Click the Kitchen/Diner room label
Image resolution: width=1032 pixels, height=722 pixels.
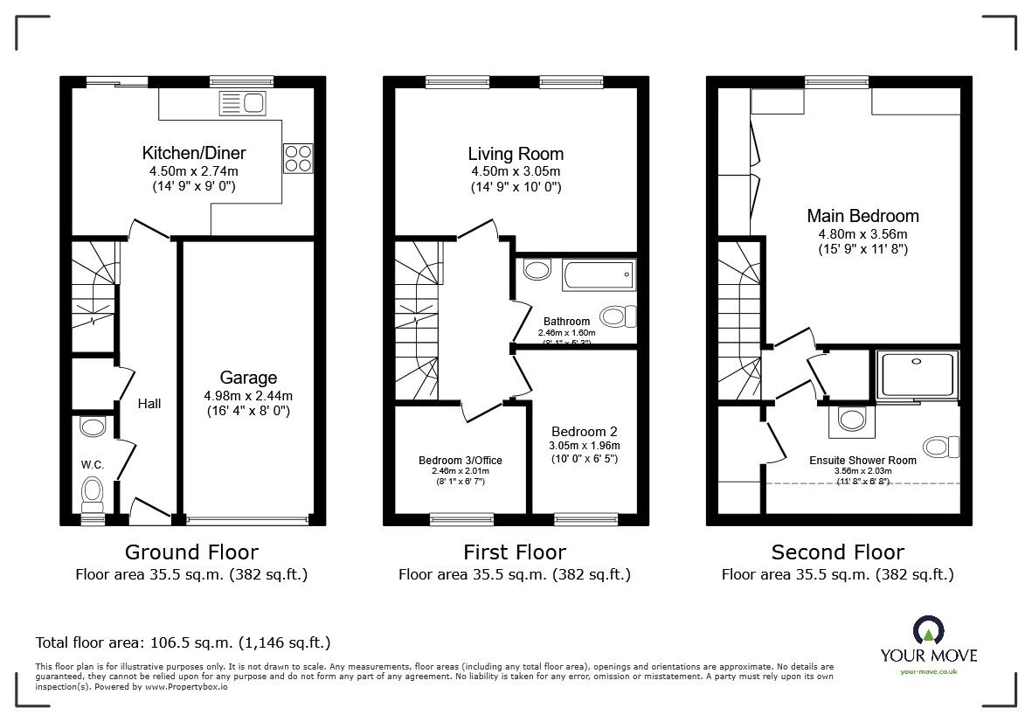point(196,153)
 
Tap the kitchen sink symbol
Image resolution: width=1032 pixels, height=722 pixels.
point(242,104)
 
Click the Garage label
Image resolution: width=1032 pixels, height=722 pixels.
point(248,378)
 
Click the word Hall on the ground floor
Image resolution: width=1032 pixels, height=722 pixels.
point(149,404)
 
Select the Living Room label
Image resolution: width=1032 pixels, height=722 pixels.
point(516,155)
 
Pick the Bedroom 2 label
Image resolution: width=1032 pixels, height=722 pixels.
point(584,431)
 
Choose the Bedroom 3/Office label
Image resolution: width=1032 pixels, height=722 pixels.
point(460,460)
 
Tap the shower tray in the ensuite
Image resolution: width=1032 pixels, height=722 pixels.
point(917,376)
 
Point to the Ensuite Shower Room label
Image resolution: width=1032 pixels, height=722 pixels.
point(862,461)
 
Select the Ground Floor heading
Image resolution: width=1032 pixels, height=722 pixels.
point(191,552)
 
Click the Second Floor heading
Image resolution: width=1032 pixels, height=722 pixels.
point(837,552)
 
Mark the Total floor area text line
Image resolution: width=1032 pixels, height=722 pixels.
point(183,642)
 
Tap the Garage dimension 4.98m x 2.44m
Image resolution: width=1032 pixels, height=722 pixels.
point(248,395)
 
